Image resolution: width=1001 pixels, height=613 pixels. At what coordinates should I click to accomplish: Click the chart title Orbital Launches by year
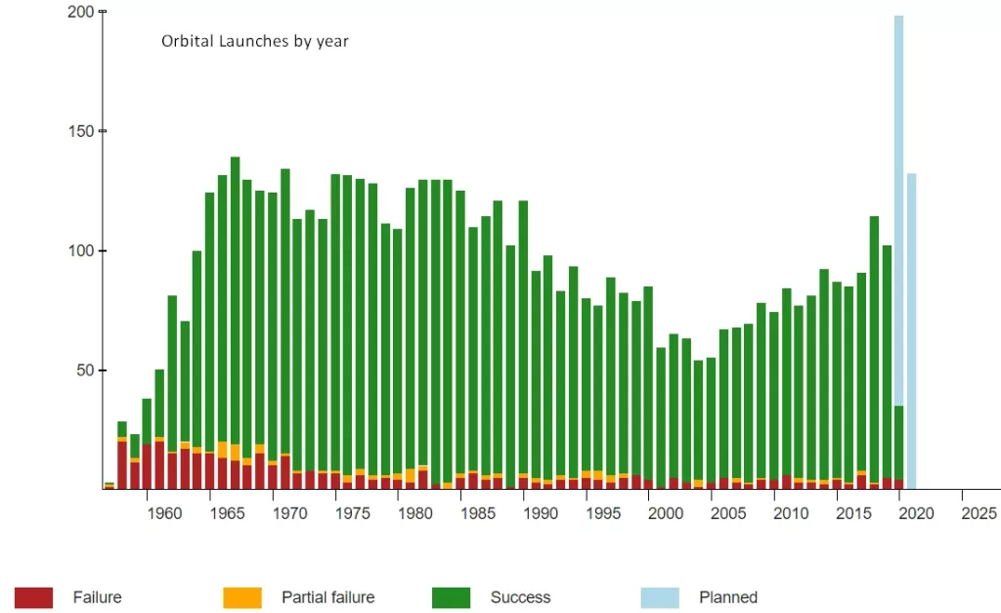pyautogui.click(x=254, y=41)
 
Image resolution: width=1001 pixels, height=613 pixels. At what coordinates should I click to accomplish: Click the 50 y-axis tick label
pyautogui.click(x=85, y=371)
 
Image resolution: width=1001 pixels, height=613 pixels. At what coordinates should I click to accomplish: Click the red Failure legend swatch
pyautogui.click(x=33, y=597)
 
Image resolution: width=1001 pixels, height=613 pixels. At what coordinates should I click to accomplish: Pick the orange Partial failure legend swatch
pyautogui.click(x=241, y=597)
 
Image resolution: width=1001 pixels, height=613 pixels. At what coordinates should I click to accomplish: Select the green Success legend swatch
pyautogui.click(x=451, y=597)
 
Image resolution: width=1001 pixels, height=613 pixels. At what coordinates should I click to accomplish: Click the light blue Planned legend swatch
pyautogui.click(x=659, y=597)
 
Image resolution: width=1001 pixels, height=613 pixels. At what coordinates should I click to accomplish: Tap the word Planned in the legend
pyautogui.click(x=728, y=597)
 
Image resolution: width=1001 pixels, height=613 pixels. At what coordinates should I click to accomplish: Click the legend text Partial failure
pyautogui.click(x=327, y=597)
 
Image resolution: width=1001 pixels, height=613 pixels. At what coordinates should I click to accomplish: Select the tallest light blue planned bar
pyautogui.click(x=898, y=196)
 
